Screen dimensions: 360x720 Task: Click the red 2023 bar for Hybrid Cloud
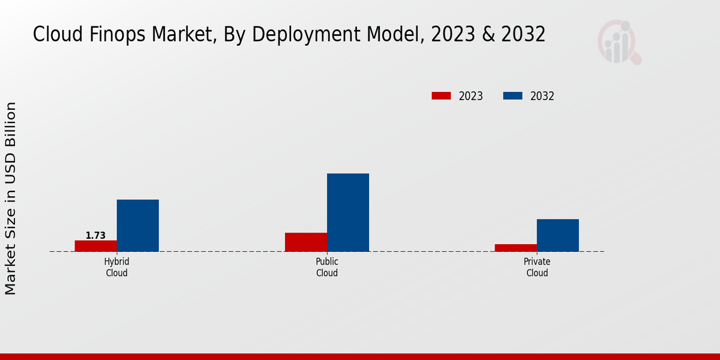96,246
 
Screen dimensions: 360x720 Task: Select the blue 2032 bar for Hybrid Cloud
138,226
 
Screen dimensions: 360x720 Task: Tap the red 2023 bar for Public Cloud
306,242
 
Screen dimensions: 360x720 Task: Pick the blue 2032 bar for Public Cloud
348,212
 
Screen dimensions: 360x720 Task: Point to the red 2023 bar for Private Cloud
516,248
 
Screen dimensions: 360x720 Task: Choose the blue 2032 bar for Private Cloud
558,235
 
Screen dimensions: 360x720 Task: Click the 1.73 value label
95,235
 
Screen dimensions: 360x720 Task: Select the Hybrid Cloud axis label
116,268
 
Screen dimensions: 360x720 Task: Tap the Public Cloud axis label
327,268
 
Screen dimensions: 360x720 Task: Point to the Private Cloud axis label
537,268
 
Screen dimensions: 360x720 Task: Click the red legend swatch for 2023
441,96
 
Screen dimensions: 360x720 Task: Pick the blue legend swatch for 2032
512,96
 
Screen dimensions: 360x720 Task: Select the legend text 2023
471,96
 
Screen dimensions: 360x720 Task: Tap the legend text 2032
542,96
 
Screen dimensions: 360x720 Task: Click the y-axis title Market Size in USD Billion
11,198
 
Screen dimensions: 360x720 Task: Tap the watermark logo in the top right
619,42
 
